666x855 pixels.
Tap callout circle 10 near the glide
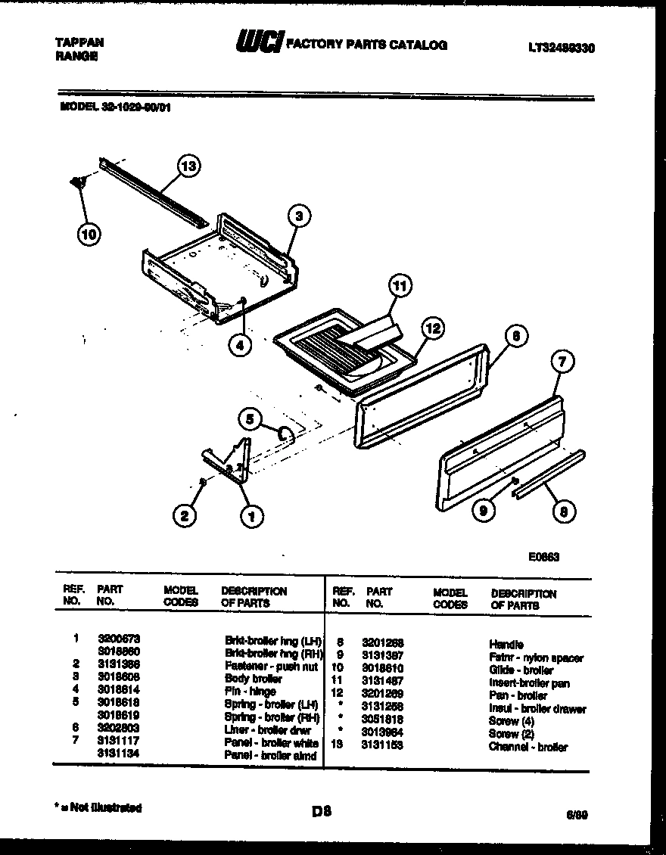point(89,235)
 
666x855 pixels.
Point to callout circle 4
point(240,345)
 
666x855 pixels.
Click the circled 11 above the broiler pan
point(400,286)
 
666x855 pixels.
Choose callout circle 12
point(432,328)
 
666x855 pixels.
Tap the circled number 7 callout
point(561,362)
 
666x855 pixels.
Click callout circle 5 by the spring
point(253,418)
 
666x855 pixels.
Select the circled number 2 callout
point(182,517)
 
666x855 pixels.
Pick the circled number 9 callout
point(483,511)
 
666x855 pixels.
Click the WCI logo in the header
point(258,43)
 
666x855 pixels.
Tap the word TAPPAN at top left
point(79,43)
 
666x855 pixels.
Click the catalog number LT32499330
point(561,48)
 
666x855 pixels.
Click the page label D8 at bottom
point(322,813)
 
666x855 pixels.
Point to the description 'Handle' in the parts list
point(506,644)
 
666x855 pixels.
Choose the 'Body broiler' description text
point(253,678)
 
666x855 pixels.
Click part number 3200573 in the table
point(119,639)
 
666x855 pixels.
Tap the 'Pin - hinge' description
point(251,691)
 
